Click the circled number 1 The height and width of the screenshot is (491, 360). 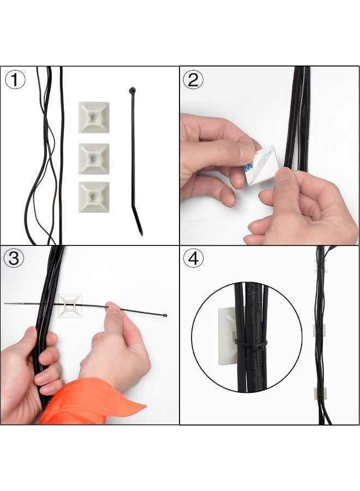pos(15,80)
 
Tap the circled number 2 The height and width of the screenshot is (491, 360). pos(193,80)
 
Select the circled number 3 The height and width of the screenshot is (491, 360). pos(14,258)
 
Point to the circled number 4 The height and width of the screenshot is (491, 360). pos(193,258)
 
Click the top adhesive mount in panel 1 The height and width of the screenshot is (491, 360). pos(93,117)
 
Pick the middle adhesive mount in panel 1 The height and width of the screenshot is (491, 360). pos(93,159)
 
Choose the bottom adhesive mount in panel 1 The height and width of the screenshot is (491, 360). pos(93,197)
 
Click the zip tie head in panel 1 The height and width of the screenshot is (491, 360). pos(131,91)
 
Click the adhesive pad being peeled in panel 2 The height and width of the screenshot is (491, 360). pos(261,165)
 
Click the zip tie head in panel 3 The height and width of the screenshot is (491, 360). pos(165,315)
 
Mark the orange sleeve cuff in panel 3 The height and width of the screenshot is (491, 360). pos(93,401)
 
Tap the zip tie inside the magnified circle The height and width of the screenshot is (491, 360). pos(251,343)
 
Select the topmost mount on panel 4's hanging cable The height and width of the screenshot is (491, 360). pos(320,266)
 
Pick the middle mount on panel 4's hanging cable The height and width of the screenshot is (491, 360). pos(319,330)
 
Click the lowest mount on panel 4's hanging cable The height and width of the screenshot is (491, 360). pos(320,392)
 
